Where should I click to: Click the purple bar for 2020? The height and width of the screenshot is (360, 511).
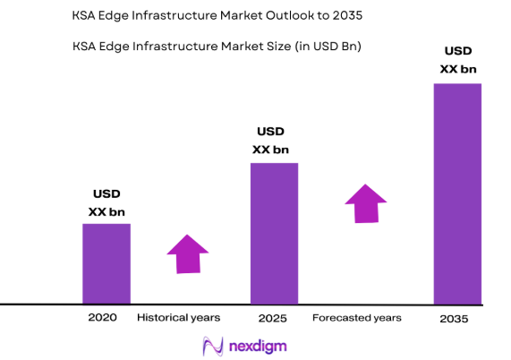(x=106, y=263)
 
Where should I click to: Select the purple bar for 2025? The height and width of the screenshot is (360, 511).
(x=274, y=233)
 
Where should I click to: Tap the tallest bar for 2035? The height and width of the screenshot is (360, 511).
(x=457, y=193)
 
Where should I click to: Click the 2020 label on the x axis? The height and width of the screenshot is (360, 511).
(x=102, y=318)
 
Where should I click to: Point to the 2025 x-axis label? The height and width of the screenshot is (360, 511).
(x=272, y=318)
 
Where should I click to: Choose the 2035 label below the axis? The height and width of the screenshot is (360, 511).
(x=456, y=319)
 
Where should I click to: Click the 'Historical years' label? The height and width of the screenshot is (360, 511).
(x=177, y=318)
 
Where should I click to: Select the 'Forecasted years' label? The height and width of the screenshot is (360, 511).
(x=356, y=318)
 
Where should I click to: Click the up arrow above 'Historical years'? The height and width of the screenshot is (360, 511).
(x=188, y=253)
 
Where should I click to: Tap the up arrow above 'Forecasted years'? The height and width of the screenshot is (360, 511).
(x=366, y=203)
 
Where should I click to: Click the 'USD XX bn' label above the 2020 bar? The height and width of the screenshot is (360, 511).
(x=106, y=202)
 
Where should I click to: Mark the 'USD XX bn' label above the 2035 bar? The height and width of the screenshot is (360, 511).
(x=456, y=59)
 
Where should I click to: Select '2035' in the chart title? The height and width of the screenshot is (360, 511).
(x=345, y=16)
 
